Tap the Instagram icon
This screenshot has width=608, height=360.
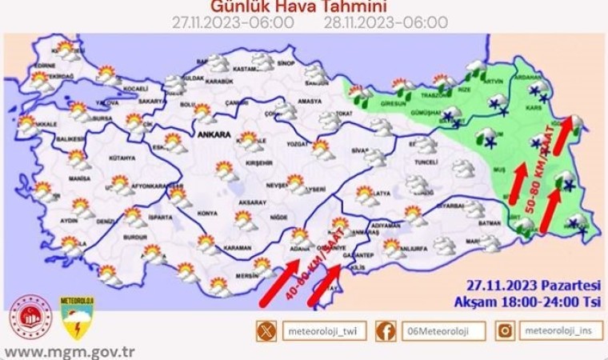[505, 330]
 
